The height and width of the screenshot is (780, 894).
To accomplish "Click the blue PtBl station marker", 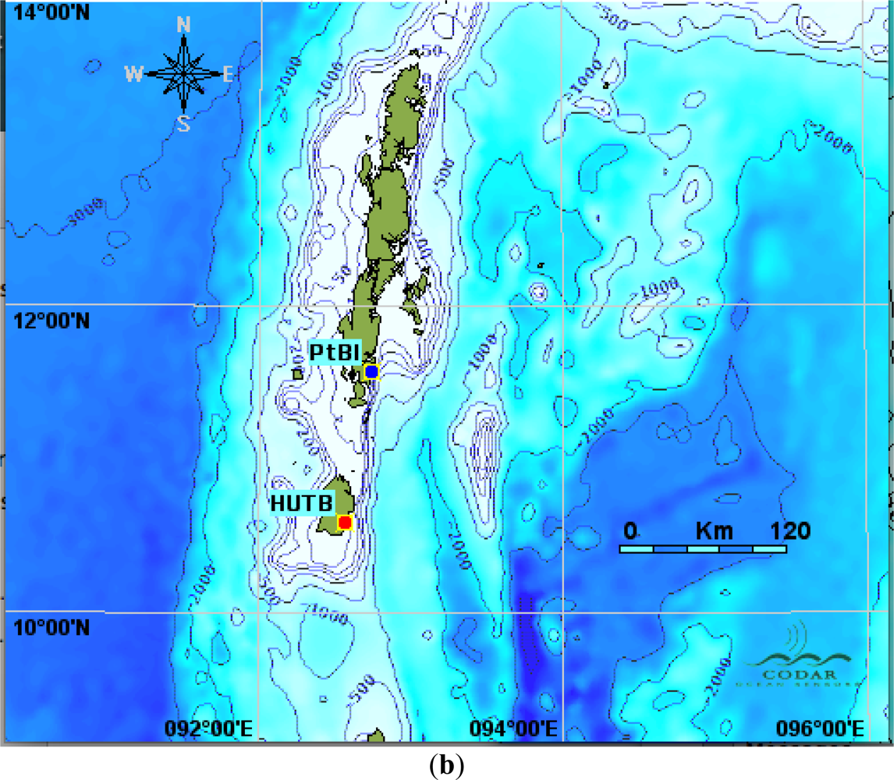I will (371, 372).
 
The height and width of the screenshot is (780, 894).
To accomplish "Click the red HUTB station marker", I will (345, 522).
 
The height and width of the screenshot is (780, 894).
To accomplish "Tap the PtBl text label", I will (334, 352).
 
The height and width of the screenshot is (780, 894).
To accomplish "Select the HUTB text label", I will (301, 503).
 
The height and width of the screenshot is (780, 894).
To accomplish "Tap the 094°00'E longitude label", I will (514, 729).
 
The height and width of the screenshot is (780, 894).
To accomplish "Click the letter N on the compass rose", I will (183, 25).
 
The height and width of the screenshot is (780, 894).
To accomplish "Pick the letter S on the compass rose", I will (183, 123).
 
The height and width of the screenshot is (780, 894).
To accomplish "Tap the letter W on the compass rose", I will (134, 74).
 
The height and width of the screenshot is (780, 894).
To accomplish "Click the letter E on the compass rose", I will (229, 74).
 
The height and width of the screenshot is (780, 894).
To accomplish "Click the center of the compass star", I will (183, 73).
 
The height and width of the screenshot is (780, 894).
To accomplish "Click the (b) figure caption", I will (446, 765).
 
